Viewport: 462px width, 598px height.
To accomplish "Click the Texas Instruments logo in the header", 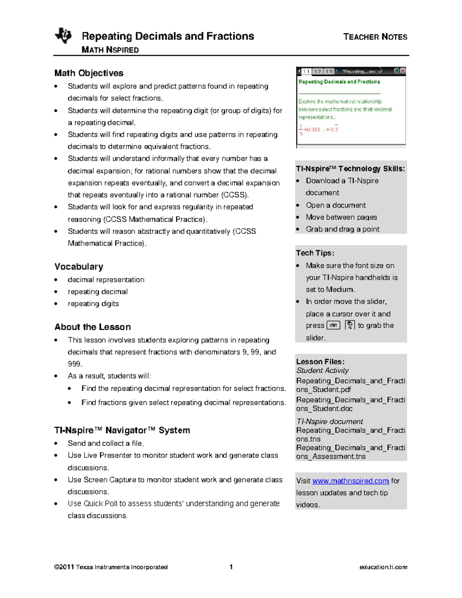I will [63, 36].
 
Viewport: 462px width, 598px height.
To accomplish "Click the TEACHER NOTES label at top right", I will [375, 37].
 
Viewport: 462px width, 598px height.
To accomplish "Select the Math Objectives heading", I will [89, 73].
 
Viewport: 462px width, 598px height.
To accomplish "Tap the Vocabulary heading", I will [79, 267].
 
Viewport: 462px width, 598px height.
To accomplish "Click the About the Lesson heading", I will [93, 327].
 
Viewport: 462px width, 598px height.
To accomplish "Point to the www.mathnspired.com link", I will [350, 481].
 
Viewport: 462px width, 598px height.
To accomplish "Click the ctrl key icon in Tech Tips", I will [333, 325].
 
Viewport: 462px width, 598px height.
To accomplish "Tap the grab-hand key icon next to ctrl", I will [350, 325].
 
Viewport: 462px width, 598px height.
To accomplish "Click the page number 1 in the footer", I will [231, 567].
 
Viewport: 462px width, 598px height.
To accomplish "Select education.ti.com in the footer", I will [383, 567].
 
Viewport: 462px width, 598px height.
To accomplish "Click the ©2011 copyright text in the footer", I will [111, 567].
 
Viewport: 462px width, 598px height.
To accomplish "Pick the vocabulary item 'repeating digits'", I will [93, 304].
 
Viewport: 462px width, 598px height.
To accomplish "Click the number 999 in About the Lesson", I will [74, 364].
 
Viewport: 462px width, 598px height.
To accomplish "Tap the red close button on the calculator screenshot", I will [403, 71].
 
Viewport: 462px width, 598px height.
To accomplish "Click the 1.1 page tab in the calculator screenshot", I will [306, 71].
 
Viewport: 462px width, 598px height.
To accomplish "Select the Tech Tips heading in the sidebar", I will [315, 253].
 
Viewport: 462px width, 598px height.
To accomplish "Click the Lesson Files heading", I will [320, 362].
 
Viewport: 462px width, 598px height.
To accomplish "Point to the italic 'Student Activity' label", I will [323, 370].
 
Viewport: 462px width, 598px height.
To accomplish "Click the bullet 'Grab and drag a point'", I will [343, 229].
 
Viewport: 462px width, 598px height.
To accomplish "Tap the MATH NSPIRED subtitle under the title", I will [110, 50].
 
